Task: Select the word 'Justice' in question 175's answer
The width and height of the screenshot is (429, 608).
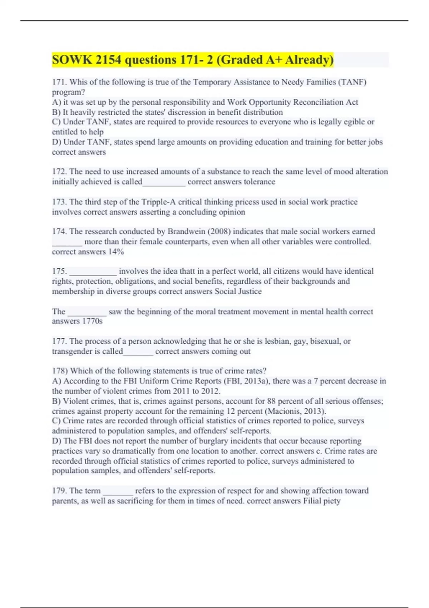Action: (x=248, y=291)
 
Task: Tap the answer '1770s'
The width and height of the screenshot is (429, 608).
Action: (x=92, y=321)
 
